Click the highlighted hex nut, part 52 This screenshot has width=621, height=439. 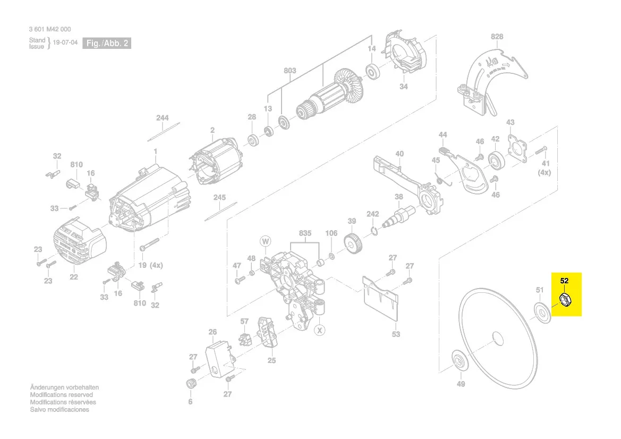565,300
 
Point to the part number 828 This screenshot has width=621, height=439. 497,37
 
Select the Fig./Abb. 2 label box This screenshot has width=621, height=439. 107,43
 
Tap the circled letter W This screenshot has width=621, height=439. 265,242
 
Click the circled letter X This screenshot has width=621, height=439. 319,331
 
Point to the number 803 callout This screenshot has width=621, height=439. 290,71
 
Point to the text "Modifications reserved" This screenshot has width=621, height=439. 61,395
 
